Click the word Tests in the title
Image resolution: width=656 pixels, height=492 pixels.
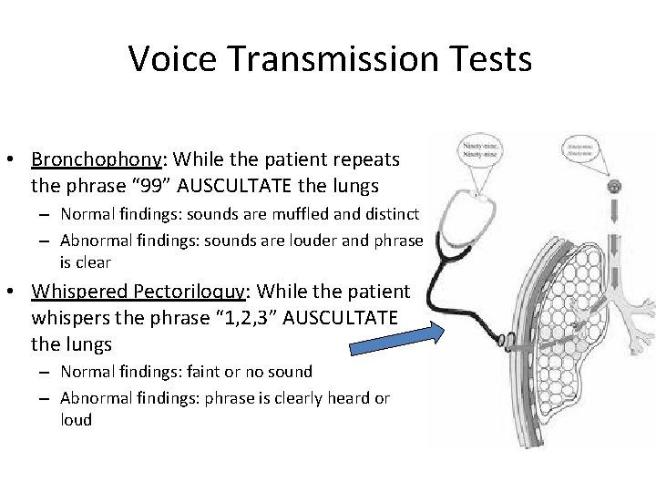(487, 59)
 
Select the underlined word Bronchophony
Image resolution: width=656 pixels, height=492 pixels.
(96, 159)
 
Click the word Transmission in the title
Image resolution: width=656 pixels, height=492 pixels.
(330, 59)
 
